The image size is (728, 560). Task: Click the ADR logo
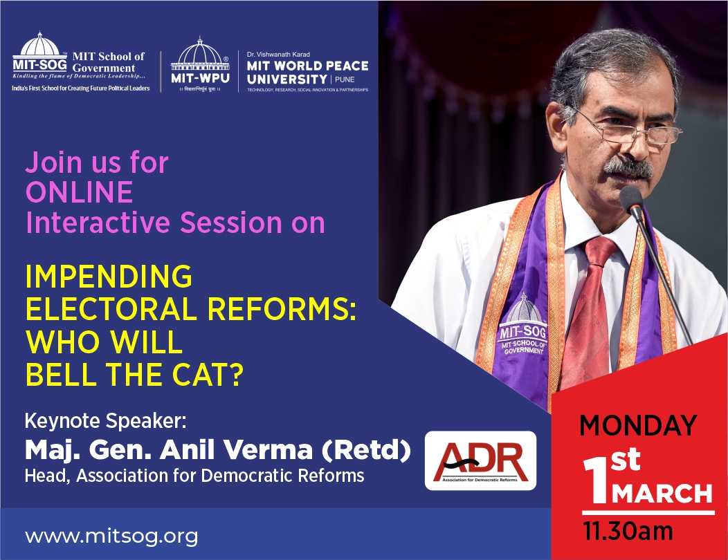click(x=480, y=460)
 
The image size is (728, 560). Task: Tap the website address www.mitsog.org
click(x=111, y=536)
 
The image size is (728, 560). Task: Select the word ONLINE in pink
click(x=80, y=192)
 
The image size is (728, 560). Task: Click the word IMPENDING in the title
click(x=109, y=277)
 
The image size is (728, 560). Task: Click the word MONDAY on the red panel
click(x=639, y=425)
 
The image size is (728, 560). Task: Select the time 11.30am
click(x=628, y=531)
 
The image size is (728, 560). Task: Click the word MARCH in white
click(x=662, y=494)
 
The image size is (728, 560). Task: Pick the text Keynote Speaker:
click(x=105, y=421)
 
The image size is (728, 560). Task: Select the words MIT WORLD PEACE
click(x=308, y=66)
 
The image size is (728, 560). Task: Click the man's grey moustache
click(x=628, y=167)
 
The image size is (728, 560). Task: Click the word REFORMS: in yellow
click(x=282, y=310)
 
